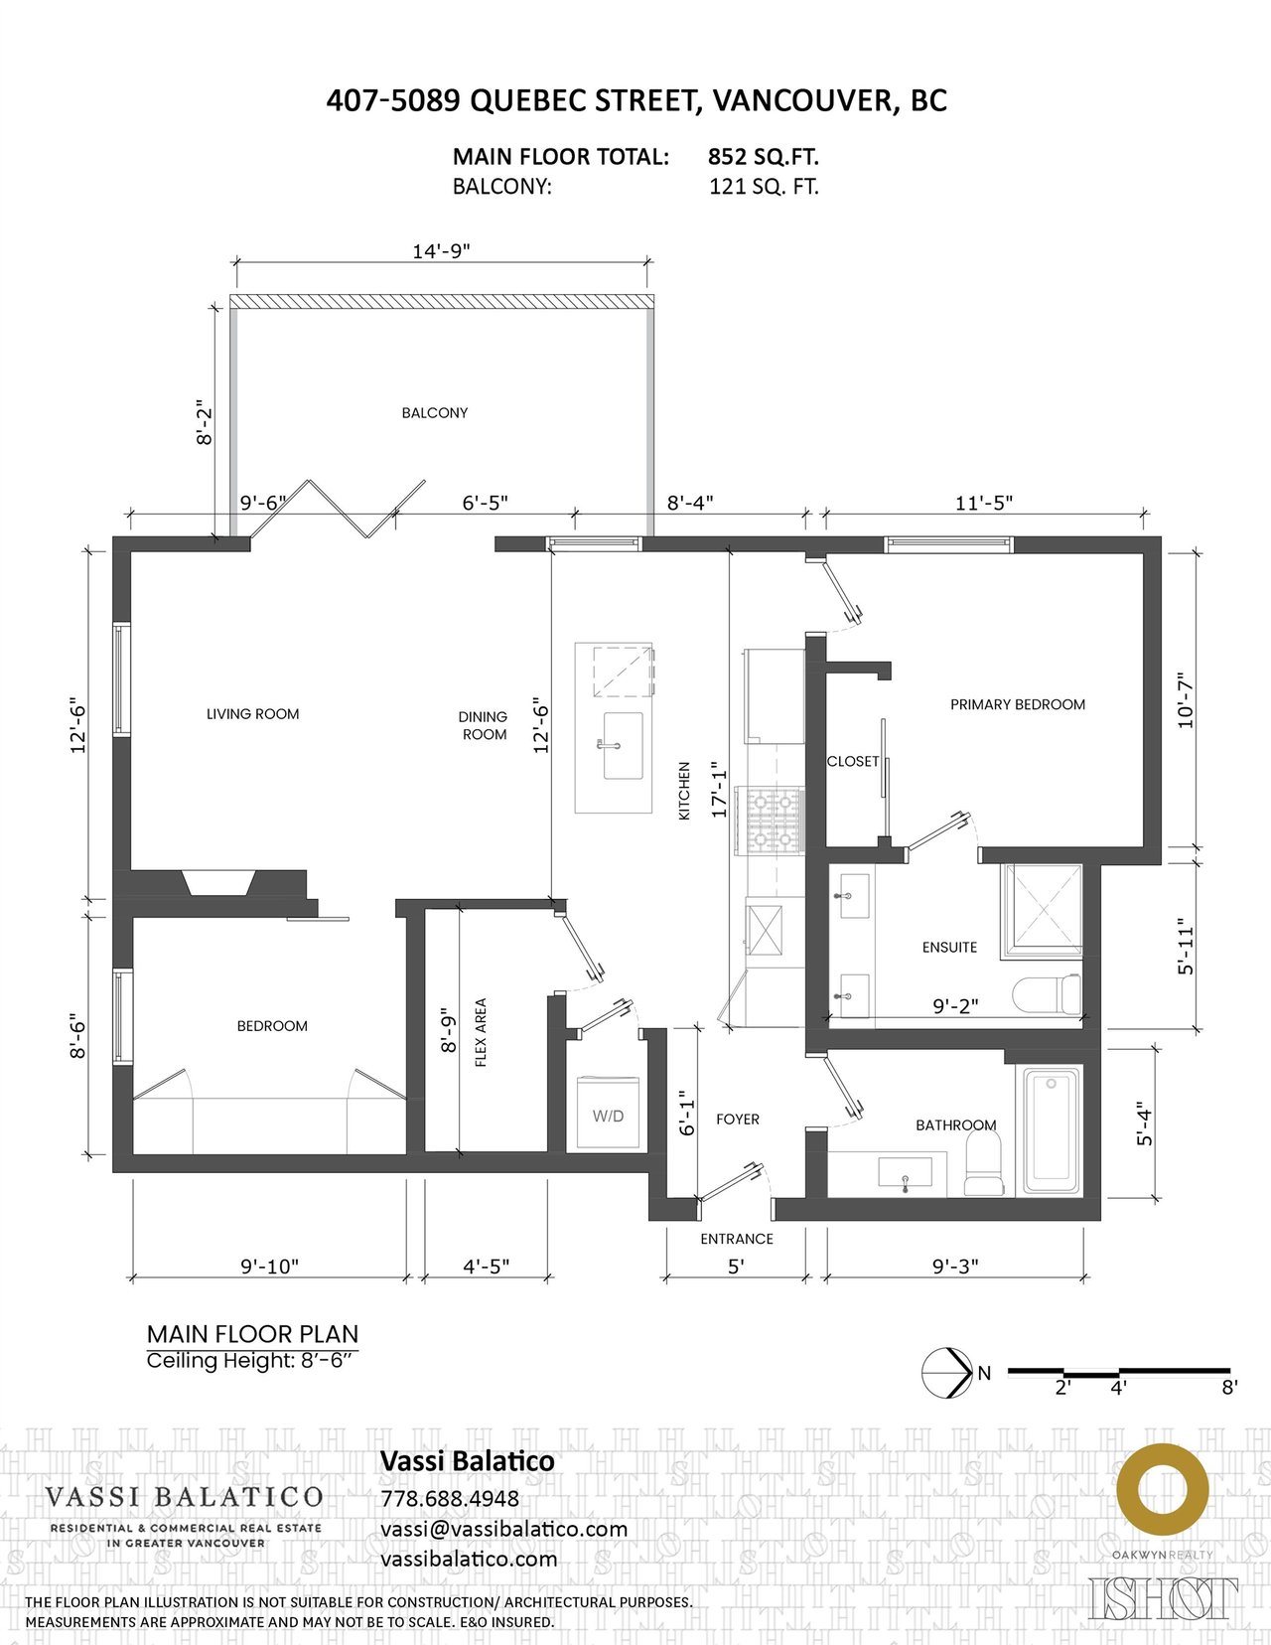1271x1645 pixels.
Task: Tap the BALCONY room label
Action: click(x=434, y=412)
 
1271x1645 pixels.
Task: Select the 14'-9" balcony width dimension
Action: click(x=441, y=250)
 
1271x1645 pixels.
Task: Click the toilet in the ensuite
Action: click(x=1047, y=994)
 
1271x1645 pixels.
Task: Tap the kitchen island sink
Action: click(x=623, y=745)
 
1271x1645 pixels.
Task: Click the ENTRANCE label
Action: click(x=736, y=1239)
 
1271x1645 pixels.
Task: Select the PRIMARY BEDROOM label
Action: click(x=1018, y=704)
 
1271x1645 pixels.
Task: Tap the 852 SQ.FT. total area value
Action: click(x=764, y=157)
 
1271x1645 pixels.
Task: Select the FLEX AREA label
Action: click(x=481, y=1032)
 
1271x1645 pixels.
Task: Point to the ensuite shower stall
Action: click(x=1042, y=912)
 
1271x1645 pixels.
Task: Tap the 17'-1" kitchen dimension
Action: click(x=719, y=790)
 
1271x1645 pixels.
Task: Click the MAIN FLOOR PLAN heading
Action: click(x=252, y=1334)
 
